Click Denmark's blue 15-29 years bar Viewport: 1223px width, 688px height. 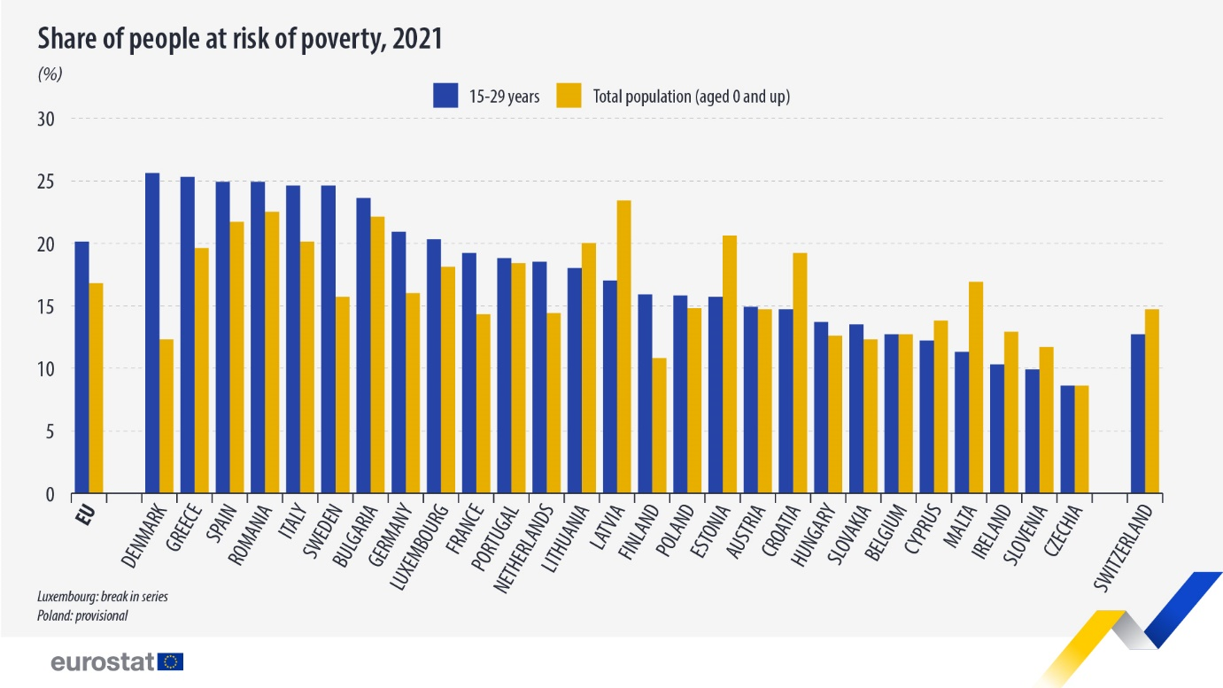tap(152, 333)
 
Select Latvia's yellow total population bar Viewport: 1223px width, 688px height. tap(624, 347)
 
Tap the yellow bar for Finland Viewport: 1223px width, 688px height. tap(659, 425)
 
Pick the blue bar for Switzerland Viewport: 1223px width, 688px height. tap(1138, 414)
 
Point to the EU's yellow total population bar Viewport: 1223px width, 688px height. tap(97, 388)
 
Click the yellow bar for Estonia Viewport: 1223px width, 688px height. tap(730, 364)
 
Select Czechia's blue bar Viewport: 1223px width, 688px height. tap(1067, 439)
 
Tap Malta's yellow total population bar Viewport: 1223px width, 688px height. tap(976, 388)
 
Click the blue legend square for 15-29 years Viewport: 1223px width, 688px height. tap(445, 96)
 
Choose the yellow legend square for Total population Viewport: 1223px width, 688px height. tap(569, 96)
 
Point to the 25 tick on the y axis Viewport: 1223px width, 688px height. tap(46, 182)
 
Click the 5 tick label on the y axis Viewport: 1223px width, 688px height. tap(50, 432)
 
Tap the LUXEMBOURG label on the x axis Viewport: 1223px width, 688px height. tap(419, 546)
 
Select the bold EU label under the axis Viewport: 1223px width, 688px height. tap(86, 515)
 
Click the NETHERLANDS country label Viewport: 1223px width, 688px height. tap(523, 548)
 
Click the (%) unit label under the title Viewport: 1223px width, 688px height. tap(50, 73)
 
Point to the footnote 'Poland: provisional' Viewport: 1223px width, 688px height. tap(82, 616)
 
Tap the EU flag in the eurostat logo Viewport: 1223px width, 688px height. tap(170, 661)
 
